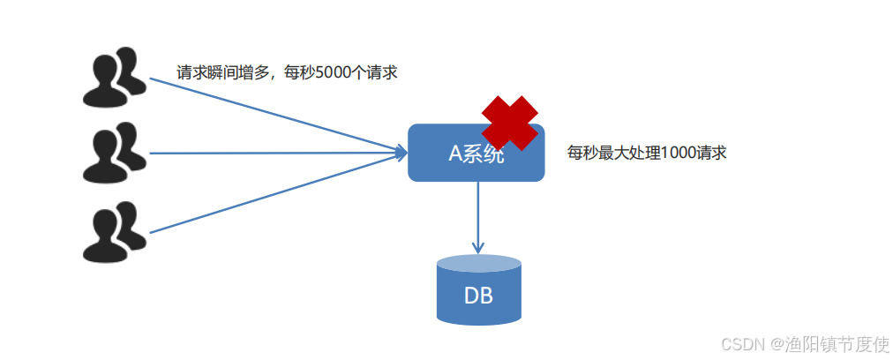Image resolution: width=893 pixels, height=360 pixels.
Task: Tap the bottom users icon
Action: (x=115, y=231)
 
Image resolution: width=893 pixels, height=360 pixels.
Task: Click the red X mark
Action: (x=509, y=123)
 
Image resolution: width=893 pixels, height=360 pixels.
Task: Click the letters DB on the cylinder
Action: (x=478, y=296)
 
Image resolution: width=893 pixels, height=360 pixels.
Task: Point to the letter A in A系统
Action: (x=455, y=154)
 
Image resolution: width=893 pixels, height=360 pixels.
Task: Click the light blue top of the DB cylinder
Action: (x=478, y=263)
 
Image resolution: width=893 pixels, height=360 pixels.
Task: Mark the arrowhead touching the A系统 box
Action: (x=401, y=154)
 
